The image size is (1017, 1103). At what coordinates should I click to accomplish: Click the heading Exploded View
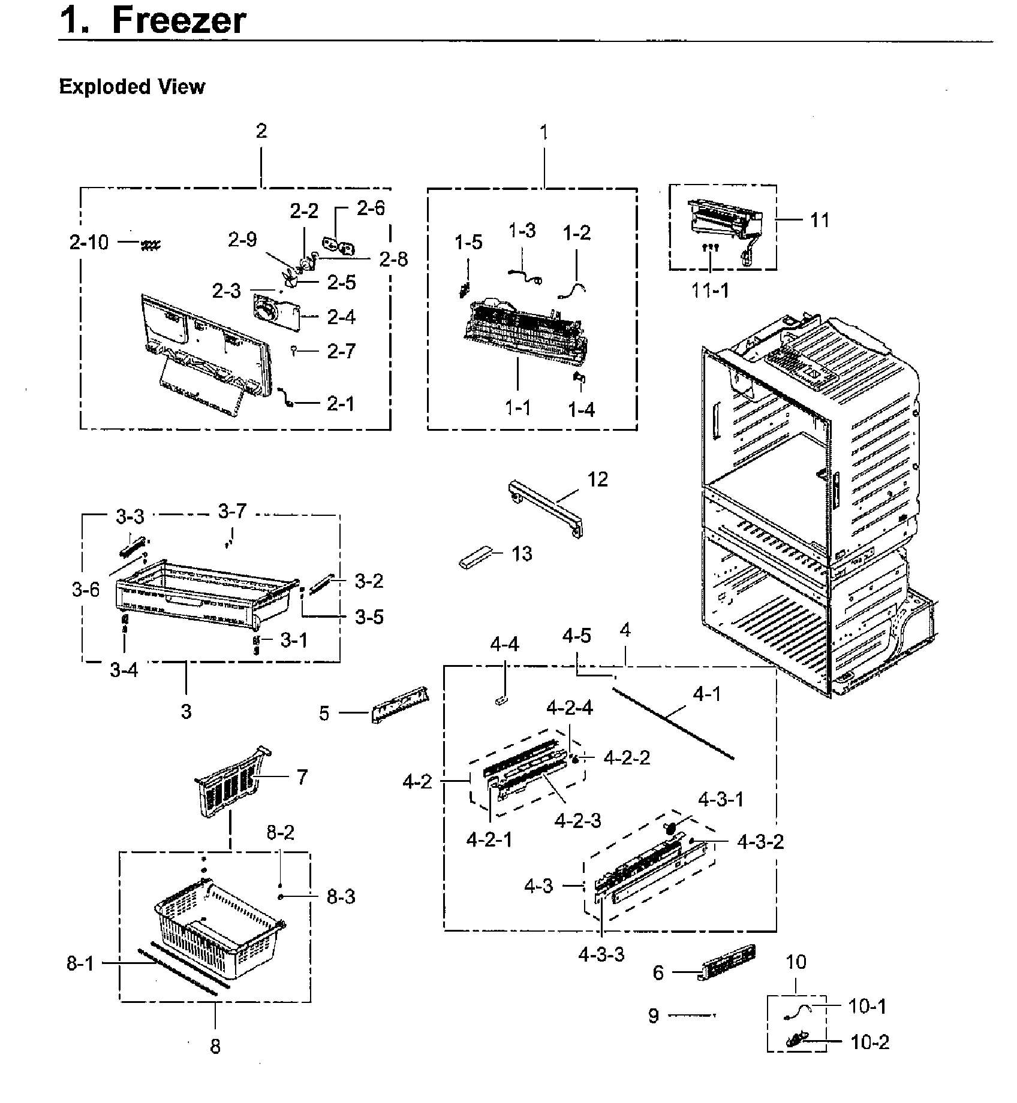point(132,87)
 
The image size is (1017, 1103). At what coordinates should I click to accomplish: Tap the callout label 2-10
point(89,243)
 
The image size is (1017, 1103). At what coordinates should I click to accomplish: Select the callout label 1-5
point(468,243)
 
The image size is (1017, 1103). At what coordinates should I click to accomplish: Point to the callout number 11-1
point(710,291)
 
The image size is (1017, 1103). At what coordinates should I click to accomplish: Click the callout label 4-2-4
point(569,708)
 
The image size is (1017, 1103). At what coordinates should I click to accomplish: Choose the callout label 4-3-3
point(601,954)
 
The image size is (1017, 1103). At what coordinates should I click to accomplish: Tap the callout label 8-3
point(341,897)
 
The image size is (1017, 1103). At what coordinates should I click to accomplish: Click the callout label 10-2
point(869,1042)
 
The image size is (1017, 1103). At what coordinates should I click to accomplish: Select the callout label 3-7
point(232,512)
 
